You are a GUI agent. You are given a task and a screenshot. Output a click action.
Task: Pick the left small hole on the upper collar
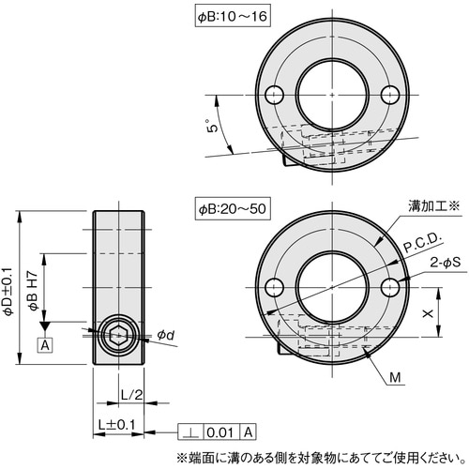click(274, 94)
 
